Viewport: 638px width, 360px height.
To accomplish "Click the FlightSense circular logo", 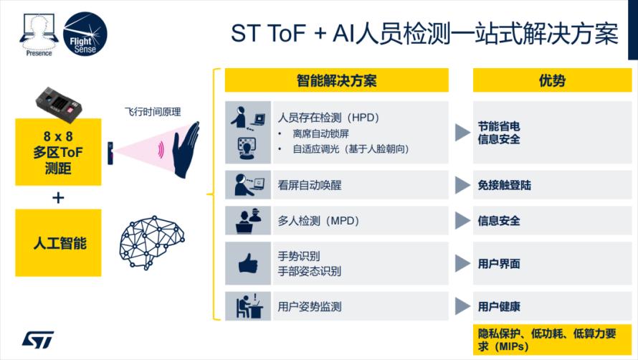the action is click(x=85, y=34).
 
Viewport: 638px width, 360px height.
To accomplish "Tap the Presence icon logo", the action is click(x=39, y=34).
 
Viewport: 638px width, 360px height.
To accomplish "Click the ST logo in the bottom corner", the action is click(x=38, y=340).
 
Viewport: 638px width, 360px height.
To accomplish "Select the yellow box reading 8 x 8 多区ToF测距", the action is click(x=58, y=152).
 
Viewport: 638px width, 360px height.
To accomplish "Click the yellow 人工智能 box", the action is click(x=58, y=242).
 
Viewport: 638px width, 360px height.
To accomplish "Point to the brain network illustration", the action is click(x=152, y=242).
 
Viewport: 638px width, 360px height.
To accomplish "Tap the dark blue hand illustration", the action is click(x=186, y=149).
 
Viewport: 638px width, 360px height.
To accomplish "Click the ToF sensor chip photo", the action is click(x=59, y=104).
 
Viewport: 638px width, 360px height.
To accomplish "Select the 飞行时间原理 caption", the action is click(x=153, y=112).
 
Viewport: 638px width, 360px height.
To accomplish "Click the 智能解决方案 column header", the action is click(x=336, y=80).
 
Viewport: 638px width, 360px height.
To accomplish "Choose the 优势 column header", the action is click(x=552, y=80).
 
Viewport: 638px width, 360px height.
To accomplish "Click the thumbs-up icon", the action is click(x=248, y=263).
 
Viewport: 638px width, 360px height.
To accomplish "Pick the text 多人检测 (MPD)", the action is click(x=318, y=221).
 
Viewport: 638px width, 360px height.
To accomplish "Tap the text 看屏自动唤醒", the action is click(x=310, y=185).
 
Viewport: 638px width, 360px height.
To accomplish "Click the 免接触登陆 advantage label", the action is click(x=505, y=185).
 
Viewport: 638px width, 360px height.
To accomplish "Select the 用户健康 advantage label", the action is click(x=499, y=306).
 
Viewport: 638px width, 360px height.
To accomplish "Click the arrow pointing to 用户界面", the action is click(x=462, y=263).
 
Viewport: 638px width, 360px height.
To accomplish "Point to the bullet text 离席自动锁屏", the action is click(x=320, y=133).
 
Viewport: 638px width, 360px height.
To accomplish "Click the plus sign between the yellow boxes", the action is click(x=58, y=198).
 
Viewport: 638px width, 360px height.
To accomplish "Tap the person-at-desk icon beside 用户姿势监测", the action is click(x=249, y=305).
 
